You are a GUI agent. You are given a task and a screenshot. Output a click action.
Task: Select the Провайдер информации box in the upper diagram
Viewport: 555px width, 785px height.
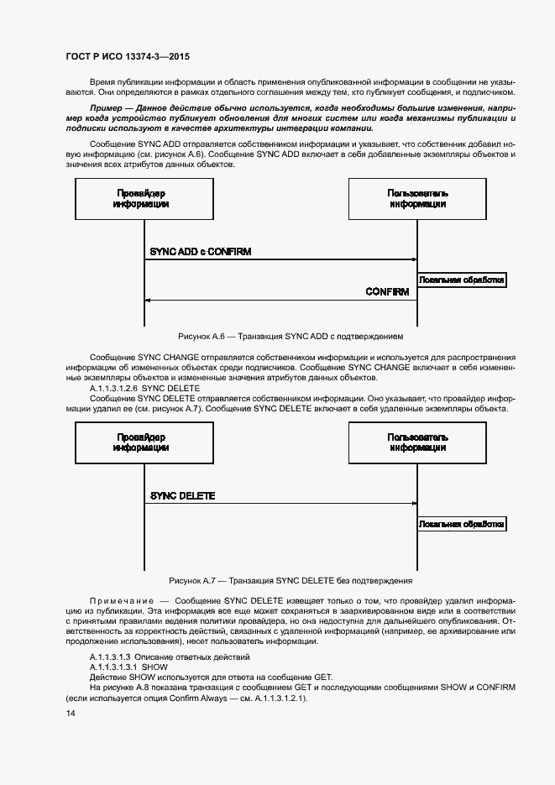[141, 198]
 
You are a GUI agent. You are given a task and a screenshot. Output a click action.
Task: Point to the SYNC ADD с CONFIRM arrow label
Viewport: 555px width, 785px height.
[201, 251]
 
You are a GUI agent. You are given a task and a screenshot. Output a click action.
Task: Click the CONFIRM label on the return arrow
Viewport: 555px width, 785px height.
[387, 292]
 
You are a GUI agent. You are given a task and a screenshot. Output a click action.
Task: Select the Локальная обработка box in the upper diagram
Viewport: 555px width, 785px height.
[462, 280]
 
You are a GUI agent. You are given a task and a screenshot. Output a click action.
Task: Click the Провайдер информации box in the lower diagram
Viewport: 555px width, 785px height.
[141, 442]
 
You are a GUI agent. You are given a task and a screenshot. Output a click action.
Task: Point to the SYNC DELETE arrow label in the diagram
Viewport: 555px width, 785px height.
[182, 495]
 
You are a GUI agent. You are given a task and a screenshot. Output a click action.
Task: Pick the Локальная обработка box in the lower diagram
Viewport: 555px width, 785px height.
[462, 524]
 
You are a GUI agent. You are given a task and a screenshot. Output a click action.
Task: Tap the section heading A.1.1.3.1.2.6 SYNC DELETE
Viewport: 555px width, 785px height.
[144, 389]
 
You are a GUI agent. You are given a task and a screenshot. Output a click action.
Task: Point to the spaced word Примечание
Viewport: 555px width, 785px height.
[121, 602]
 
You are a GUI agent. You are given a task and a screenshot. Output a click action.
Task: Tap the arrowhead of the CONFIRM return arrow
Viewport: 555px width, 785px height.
[148, 300]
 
